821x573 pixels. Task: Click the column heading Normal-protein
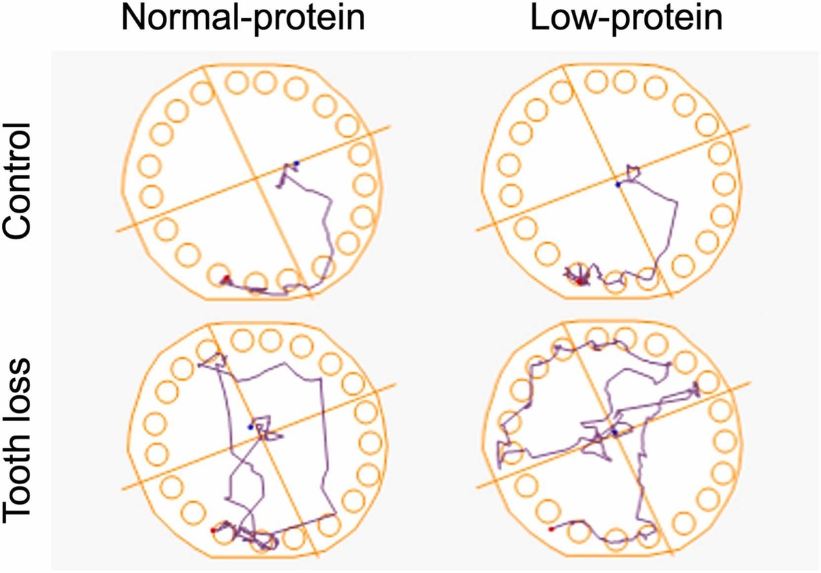pos(242,20)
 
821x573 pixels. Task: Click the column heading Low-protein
pos(627,20)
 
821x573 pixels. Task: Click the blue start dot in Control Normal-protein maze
pos(296,163)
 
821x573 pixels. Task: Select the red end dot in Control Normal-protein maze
pos(225,279)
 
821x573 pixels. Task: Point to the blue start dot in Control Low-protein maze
pos(618,184)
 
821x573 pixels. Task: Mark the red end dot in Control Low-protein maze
pos(580,280)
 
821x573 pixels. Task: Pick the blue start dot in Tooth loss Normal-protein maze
pos(250,427)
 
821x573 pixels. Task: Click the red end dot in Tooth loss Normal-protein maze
pos(213,530)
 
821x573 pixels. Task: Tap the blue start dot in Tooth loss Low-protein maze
pos(615,432)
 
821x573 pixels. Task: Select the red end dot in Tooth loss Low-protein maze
pos(551,529)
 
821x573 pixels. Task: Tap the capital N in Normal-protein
pos(133,20)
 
